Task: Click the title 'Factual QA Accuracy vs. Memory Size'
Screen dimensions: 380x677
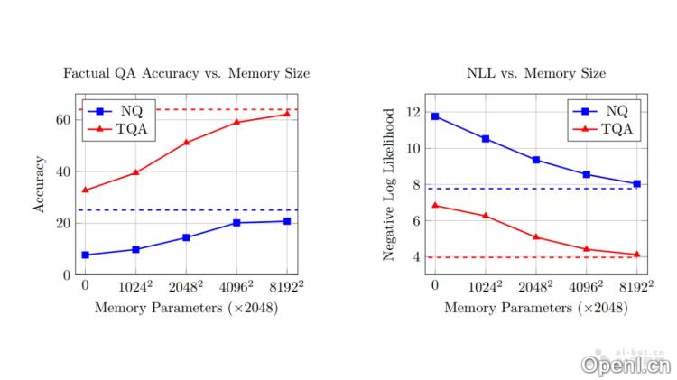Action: coord(186,73)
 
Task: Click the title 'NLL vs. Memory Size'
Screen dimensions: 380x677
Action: coord(536,73)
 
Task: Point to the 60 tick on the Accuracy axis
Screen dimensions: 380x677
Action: coord(63,119)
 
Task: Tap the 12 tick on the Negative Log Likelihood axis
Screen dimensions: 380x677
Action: coord(413,113)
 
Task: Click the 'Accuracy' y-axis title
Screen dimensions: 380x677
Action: coord(39,184)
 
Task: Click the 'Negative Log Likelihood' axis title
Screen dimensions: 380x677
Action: coord(389,184)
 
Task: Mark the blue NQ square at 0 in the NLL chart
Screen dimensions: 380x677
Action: coord(435,116)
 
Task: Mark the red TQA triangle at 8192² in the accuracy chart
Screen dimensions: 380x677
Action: coord(287,114)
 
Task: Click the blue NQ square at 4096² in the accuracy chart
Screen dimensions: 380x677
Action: coord(236,222)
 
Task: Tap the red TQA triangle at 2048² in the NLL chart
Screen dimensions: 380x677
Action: coord(536,237)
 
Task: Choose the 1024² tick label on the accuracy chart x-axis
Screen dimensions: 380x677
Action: coord(136,288)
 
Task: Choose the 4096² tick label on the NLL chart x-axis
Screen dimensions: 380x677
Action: coord(587,288)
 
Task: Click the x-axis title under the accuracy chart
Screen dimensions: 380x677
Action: coord(186,308)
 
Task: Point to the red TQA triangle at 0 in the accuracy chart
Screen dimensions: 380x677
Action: coord(85,190)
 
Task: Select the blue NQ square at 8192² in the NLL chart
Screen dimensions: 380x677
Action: coord(636,183)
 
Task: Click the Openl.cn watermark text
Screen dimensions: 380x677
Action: coord(625,364)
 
